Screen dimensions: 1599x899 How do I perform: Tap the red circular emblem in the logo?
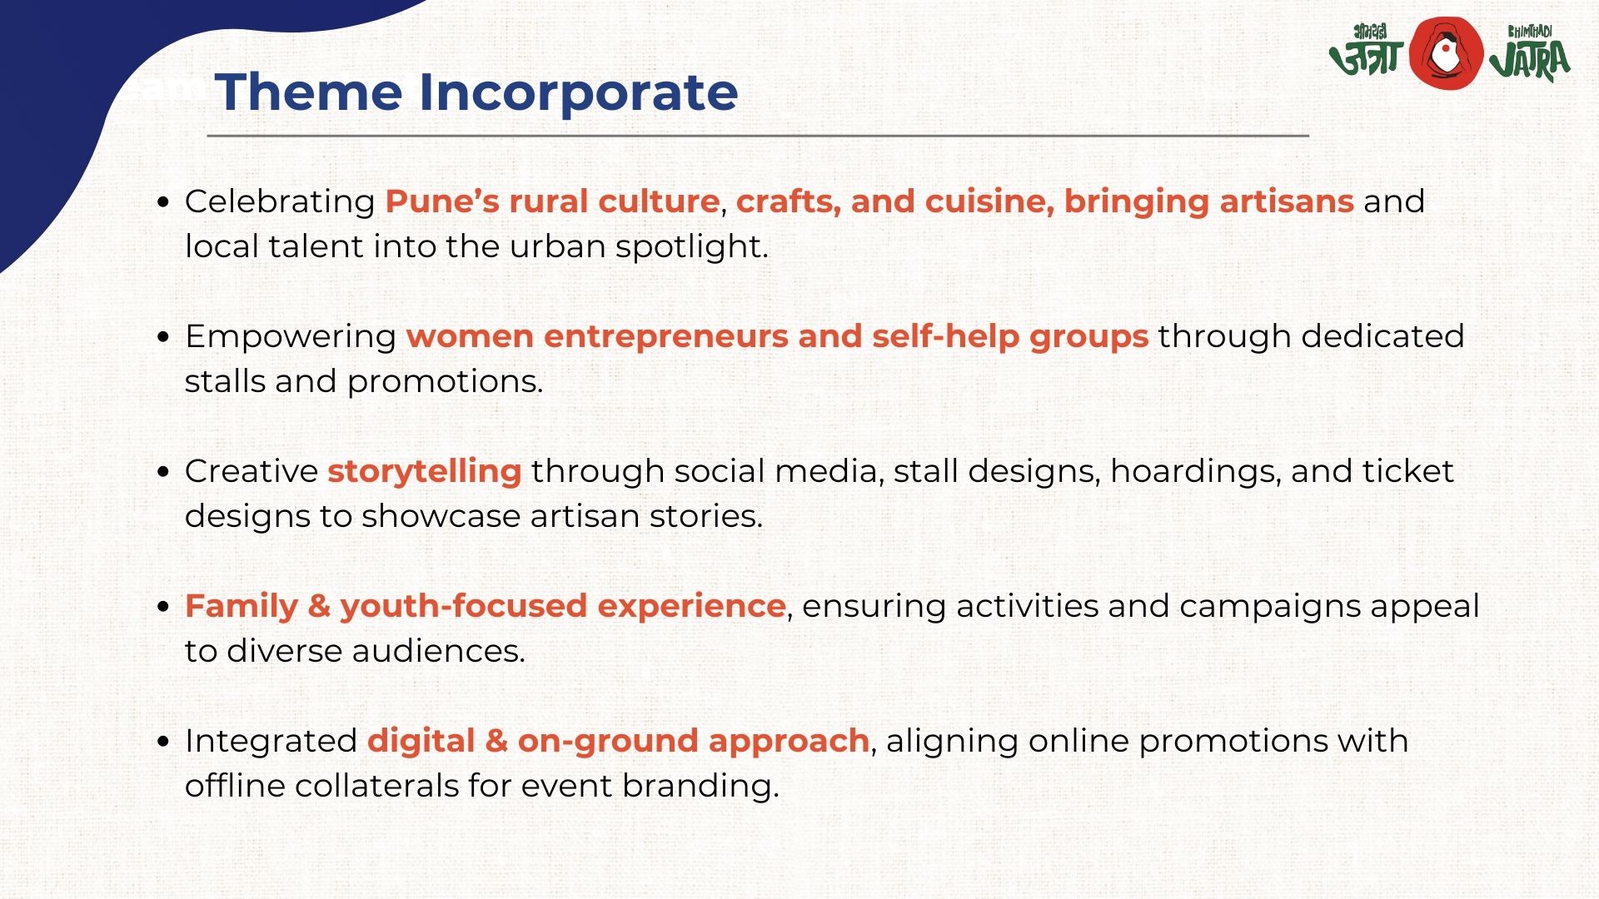1446,52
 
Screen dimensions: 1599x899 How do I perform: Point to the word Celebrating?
280,202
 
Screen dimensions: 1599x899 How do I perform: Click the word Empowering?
291,337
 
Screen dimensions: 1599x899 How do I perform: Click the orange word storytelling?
425,472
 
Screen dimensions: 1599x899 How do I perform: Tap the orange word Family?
242,607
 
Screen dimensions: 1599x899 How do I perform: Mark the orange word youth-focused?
463,607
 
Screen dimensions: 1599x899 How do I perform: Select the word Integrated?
271,742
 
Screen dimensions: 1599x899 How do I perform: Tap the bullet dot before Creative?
163,471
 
